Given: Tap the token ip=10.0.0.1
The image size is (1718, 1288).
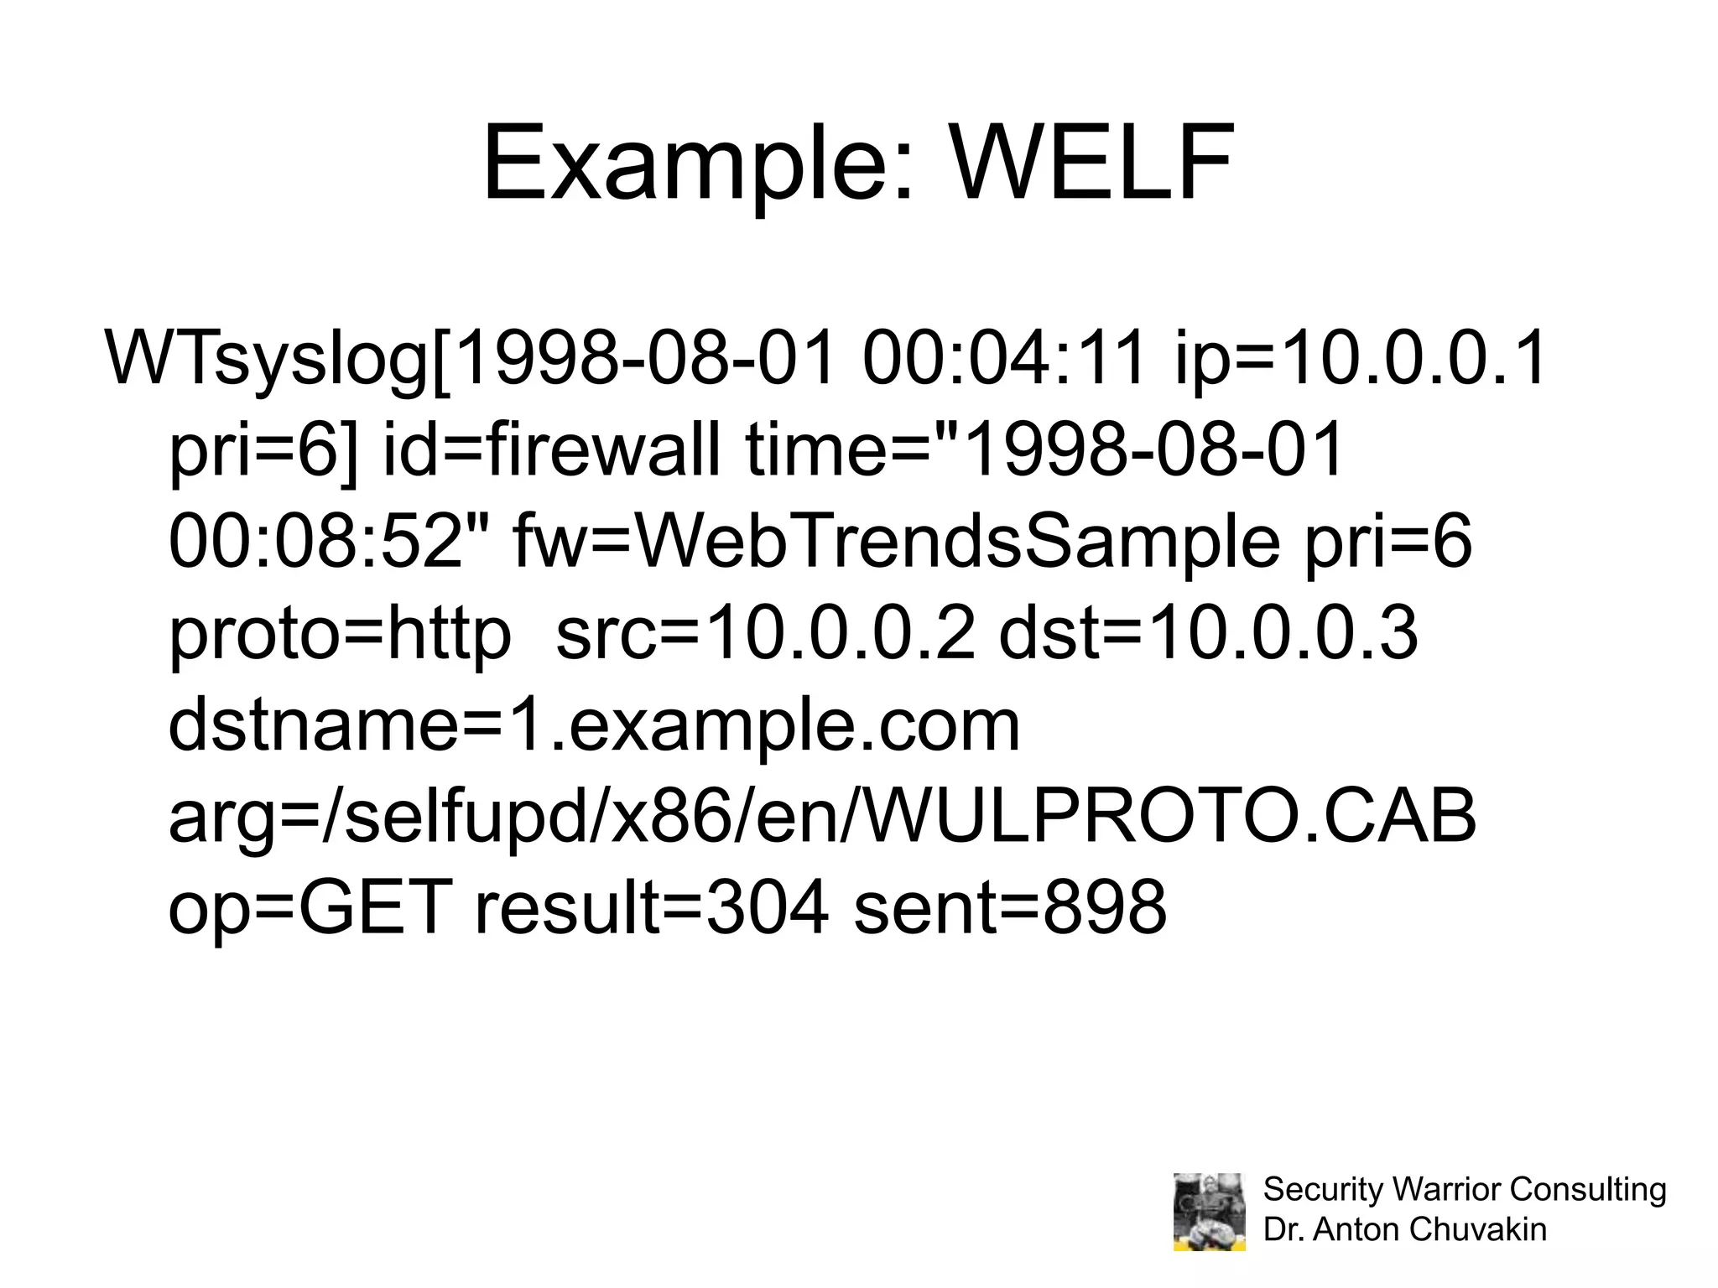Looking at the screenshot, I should coord(1360,358).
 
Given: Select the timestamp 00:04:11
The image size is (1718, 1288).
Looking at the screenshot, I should coord(1004,358).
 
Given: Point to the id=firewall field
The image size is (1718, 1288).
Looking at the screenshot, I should coord(551,450).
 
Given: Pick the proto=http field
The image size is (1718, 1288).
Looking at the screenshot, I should coord(340,635).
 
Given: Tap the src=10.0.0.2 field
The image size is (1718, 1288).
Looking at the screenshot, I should coord(765,635).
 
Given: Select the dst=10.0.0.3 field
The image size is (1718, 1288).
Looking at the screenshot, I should coord(1208,635).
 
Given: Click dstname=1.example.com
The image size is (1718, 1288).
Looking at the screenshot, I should coord(594,726).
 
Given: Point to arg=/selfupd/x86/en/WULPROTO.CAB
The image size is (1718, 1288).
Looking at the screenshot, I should coord(822,818).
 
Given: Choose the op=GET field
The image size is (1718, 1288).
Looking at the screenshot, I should coord(310,909).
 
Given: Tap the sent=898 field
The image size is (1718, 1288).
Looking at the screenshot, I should coord(1010,909).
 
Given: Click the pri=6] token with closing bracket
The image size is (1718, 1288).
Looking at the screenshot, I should coord(263,450).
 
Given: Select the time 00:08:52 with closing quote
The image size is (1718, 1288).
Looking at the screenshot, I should coord(328,543).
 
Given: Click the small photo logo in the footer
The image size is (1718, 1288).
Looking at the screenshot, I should coord(1209,1212).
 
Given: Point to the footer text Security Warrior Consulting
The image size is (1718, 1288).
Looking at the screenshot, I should coord(1464,1189).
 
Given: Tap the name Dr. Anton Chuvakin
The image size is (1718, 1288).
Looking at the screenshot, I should coord(1404,1229).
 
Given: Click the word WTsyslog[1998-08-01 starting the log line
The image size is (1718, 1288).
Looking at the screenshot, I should coord(470,358).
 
